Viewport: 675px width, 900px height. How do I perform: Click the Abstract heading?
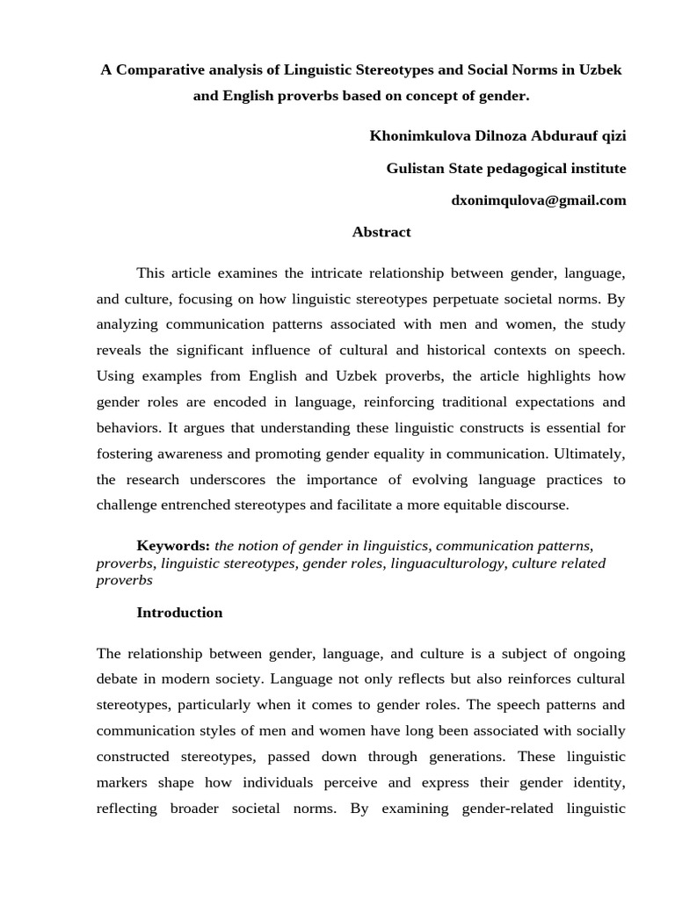click(x=381, y=233)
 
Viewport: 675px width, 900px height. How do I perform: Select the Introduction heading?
click(x=179, y=613)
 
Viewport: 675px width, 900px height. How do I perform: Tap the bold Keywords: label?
click(x=173, y=546)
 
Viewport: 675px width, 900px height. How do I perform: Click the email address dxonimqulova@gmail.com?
click(x=538, y=200)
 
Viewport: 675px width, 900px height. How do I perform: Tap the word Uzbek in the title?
click(x=599, y=69)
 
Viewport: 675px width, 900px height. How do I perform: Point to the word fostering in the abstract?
click(x=124, y=454)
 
